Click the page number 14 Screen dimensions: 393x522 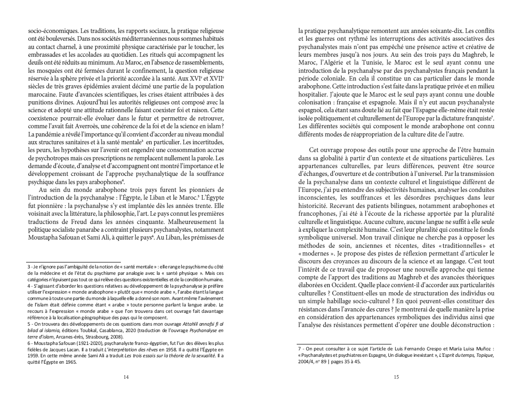point(126,377)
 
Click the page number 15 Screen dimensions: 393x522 point(396,377)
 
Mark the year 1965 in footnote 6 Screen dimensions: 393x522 point(69,361)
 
